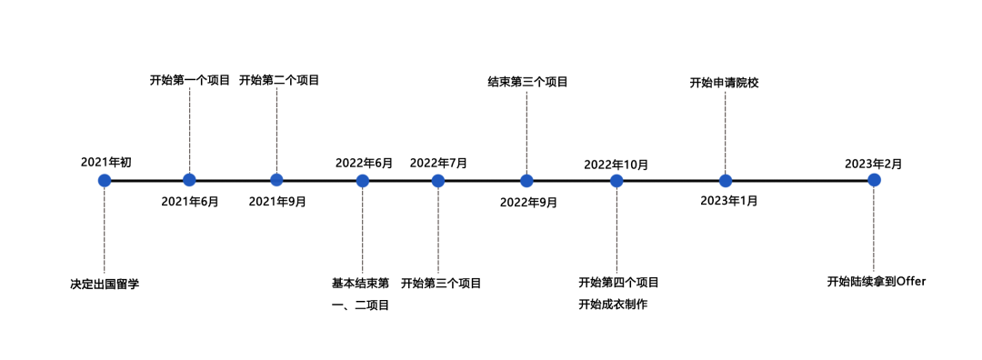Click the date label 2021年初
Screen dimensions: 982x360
coord(105,162)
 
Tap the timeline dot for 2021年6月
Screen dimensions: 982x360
coord(189,180)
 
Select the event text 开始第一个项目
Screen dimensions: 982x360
coord(190,80)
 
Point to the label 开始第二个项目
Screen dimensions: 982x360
coord(279,80)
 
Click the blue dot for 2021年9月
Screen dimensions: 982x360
coord(276,180)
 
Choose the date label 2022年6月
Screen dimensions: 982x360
coord(364,163)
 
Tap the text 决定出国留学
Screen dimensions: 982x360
coord(105,284)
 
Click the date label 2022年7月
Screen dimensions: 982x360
coord(438,163)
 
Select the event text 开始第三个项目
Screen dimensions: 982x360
coord(441,283)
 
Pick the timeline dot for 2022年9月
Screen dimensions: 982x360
coord(526,180)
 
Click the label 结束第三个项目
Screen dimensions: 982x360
coord(527,82)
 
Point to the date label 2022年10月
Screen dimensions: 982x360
coord(616,165)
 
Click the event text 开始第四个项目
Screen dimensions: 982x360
coord(618,282)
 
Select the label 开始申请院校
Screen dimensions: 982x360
coord(724,83)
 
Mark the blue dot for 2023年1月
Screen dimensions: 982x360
coord(725,180)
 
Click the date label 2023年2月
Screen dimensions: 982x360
coord(873,164)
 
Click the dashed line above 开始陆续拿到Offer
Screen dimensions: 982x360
coord(874,227)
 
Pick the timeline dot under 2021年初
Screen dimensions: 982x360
coord(105,180)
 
